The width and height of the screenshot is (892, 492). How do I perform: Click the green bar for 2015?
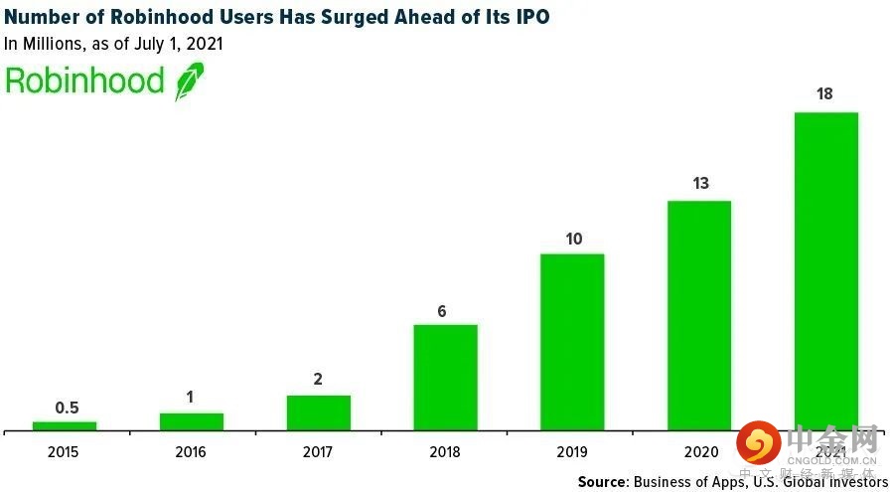point(65,425)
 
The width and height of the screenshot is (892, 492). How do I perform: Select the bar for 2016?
point(192,421)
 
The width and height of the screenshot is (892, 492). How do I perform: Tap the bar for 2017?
point(319,412)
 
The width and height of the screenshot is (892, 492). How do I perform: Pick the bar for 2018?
point(445,378)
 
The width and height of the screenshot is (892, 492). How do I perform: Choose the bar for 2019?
point(572,342)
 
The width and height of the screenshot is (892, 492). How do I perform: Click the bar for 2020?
point(699,315)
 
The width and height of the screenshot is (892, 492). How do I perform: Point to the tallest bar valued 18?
point(825,270)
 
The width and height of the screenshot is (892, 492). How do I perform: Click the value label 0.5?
point(66,408)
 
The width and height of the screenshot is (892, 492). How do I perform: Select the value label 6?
point(442,311)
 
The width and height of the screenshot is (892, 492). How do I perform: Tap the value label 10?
point(573,240)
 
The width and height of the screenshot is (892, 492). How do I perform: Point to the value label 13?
point(699,183)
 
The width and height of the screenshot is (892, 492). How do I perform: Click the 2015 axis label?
point(64,452)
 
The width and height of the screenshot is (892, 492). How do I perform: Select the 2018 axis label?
point(445,452)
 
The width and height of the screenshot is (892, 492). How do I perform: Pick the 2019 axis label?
point(572,452)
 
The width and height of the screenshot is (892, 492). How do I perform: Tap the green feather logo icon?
point(189,82)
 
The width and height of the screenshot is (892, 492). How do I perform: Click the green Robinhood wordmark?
point(83,82)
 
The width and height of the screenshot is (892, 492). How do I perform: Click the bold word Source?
point(602,482)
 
